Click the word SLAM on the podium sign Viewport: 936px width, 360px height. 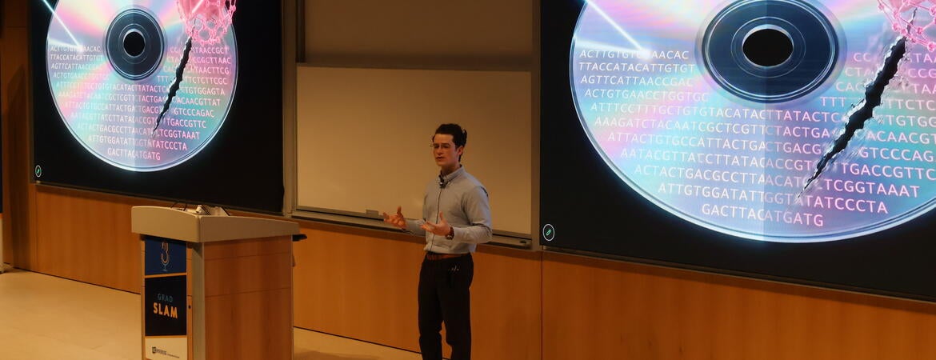(165, 310)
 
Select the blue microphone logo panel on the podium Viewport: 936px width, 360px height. (165, 257)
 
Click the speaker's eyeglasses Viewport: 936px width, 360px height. (442, 146)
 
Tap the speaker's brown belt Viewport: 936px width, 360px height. (444, 256)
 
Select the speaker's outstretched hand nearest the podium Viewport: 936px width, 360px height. (394, 217)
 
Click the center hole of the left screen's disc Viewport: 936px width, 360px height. (134, 43)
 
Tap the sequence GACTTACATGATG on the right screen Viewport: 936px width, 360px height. (762, 218)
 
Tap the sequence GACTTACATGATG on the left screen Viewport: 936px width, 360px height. (134, 154)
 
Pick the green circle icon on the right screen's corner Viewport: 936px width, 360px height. (548, 231)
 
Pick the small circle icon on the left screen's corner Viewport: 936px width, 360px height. (38, 170)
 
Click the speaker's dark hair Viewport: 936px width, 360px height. (451, 132)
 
